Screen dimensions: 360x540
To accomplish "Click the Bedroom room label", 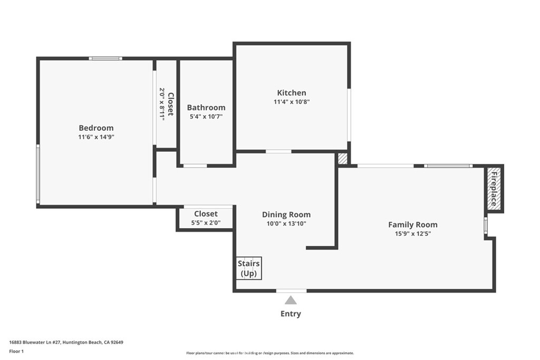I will pos(96,128).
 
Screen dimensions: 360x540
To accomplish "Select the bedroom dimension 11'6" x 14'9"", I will pos(96,137).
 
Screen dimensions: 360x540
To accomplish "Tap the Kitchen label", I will pos(291,93).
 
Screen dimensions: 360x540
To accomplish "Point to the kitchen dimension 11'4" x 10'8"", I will pos(291,102).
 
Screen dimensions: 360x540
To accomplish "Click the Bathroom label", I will pos(206,108).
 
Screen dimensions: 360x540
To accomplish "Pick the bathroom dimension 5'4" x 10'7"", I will pos(206,116).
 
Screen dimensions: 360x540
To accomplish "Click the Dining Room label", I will pos(286,215).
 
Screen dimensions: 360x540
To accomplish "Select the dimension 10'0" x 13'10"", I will pos(286,223).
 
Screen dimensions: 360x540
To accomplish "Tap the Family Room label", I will pos(413,225).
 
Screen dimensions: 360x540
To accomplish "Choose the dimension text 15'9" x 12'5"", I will pos(413,233).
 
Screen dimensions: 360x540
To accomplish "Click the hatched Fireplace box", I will pos(494,189).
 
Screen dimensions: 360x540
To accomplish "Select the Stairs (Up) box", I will pos(249,268).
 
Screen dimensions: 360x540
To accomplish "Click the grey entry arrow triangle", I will pos(291,300).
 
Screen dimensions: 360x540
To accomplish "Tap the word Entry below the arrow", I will pos(291,314).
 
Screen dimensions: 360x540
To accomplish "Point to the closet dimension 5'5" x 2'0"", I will pos(206,223).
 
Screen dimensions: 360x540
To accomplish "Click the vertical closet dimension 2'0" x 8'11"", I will pos(162,104).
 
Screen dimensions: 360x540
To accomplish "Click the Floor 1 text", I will pos(17,351).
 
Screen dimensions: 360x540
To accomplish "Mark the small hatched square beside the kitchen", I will pos(343,159).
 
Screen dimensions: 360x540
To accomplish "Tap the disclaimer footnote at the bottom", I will pos(269,353).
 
